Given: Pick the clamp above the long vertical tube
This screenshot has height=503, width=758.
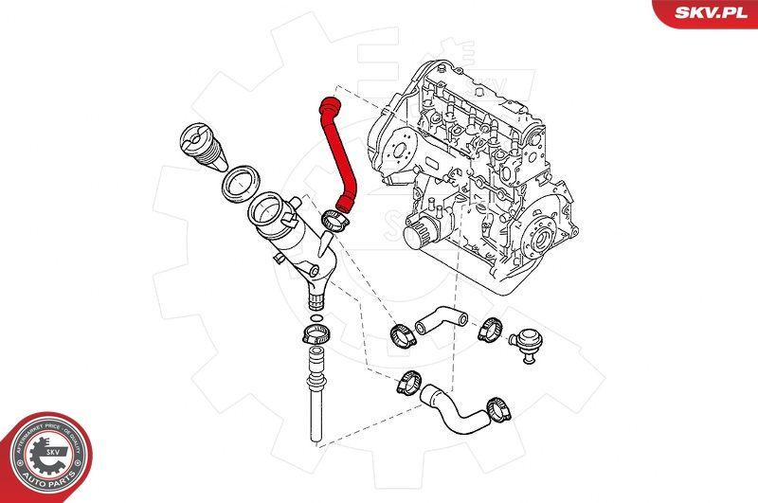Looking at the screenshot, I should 315,334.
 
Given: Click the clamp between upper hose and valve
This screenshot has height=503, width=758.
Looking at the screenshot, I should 489,329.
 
